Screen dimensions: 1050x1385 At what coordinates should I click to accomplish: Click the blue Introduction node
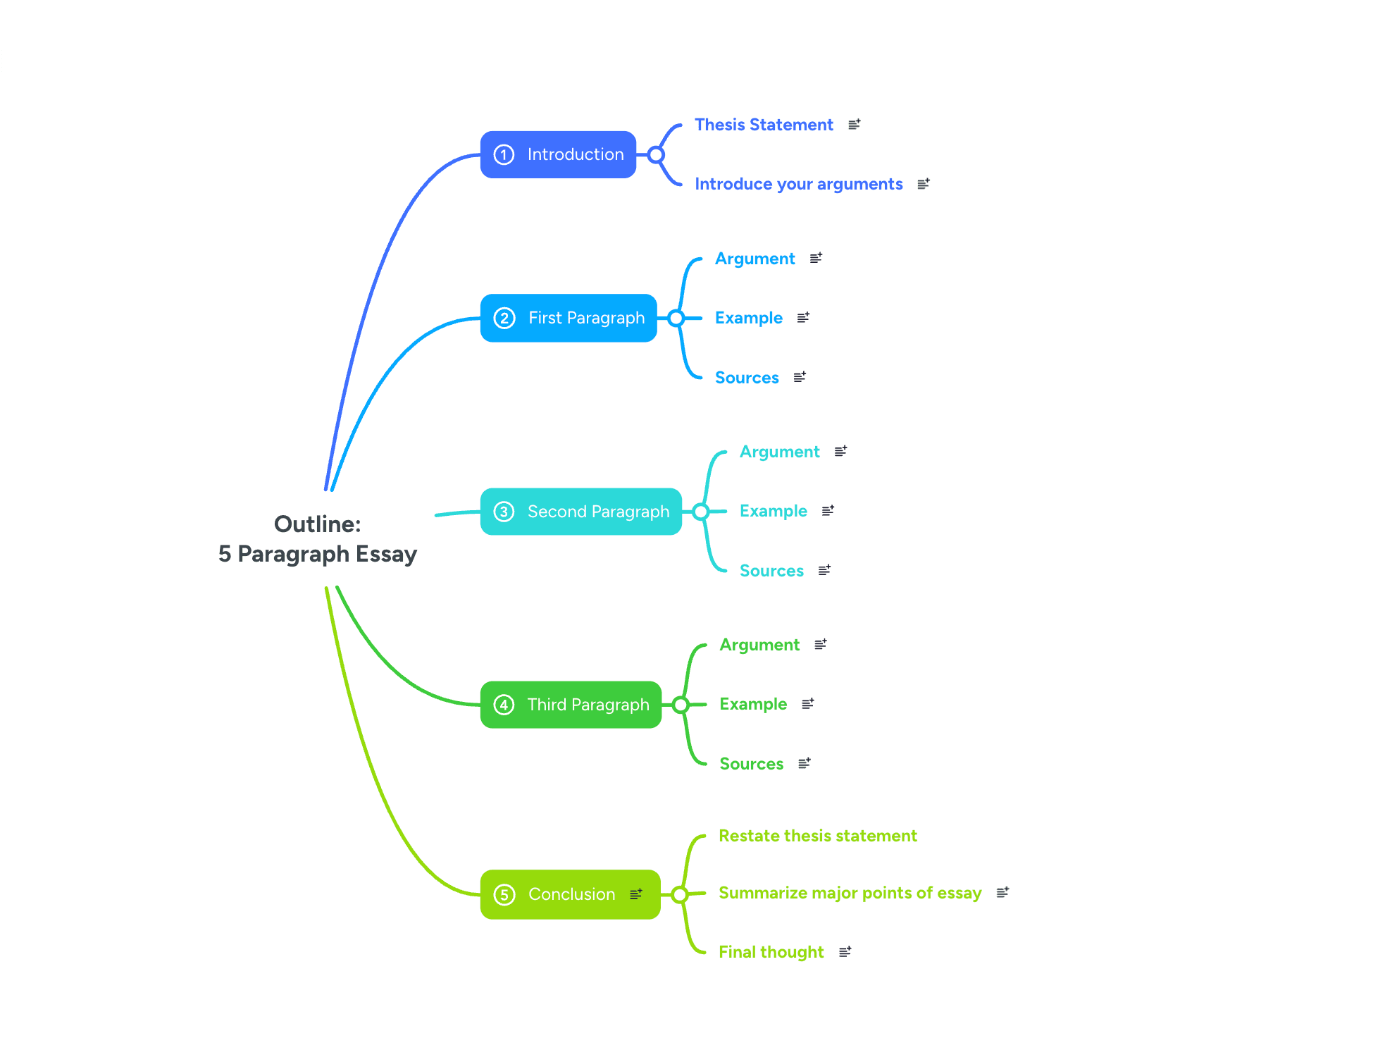pyautogui.click(x=558, y=154)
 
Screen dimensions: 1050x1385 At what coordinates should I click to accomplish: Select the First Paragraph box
pyautogui.click(x=569, y=318)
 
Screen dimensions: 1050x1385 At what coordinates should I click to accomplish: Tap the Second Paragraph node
pyautogui.click(x=580, y=512)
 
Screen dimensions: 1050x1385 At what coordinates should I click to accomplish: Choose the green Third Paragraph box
pyautogui.click(x=571, y=705)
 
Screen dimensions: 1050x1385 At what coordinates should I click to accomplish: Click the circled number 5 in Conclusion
pyautogui.click(x=504, y=894)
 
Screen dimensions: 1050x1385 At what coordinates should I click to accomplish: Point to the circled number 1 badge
pyautogui.click(x=504, y=154)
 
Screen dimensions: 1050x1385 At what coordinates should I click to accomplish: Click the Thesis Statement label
pyautogui.click(x=764, y=125)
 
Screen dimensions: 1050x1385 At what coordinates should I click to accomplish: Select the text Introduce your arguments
pyautogui.click(x=798, y=184)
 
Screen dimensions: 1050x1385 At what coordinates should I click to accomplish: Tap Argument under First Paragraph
pyautogui.click(x=754, y=259)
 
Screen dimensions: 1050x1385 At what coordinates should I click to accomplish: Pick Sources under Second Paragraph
pyautogui.click(x=771, y=571)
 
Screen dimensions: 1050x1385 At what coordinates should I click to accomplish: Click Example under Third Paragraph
pyautogui.click(x=753, y=704)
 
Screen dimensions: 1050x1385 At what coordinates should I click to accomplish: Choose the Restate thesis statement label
pyautogui.click(x=817, y=836)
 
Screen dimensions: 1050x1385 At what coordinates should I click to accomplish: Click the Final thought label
pyautogui.click(x=771, y=952)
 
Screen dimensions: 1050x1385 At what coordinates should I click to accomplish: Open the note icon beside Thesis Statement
pyautogui.click(x=855, y=125)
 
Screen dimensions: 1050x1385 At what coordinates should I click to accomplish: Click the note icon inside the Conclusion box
pyautogui.click(x=636, y=894)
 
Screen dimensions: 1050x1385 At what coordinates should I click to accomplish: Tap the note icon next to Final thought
pyautogui.click(x=845, y=952)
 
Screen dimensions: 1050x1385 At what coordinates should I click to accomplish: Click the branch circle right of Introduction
pyautogui.click(x=656, y=154)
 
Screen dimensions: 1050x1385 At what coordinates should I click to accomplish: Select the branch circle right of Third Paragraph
pyautogui.click(x=681, y=705)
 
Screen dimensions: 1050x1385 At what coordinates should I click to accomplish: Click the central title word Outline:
pyautogui.click(x=317, y=524)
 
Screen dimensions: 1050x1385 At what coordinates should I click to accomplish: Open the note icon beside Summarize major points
pyautogui.click(x=1003, y=893)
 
